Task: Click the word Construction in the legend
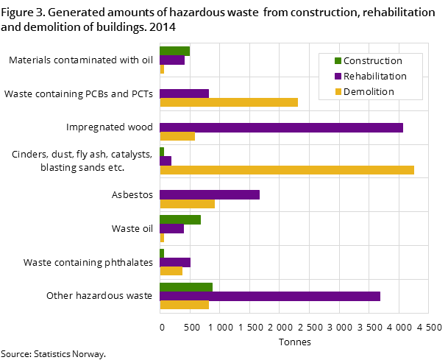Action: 372,61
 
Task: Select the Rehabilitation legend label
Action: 374,77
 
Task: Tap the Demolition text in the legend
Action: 369,92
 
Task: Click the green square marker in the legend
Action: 338,61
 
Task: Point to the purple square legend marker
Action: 338,77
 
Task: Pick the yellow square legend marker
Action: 338,92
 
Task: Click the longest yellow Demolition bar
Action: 286,170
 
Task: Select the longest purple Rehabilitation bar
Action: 281,127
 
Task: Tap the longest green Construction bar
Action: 185,287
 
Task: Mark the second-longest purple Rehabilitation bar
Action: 269,296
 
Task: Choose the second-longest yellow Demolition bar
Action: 228,102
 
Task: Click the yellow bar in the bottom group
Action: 184,305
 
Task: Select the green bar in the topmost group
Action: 174,51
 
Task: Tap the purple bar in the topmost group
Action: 171,60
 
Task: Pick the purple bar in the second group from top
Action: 184,93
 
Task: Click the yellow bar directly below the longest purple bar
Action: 177,136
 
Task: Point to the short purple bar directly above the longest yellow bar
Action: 165,160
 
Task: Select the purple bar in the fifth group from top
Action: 209,194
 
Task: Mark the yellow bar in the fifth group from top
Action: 187,204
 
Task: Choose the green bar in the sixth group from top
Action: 179,219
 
